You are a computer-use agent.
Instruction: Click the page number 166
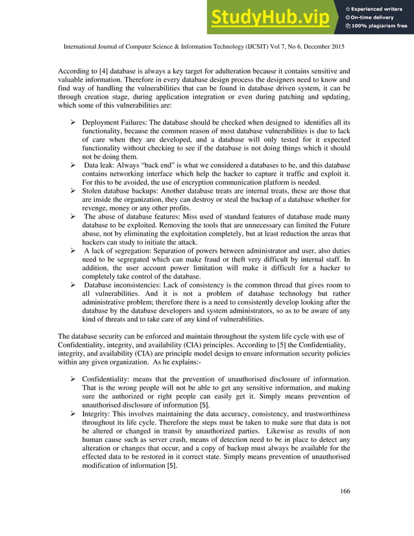345,491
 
